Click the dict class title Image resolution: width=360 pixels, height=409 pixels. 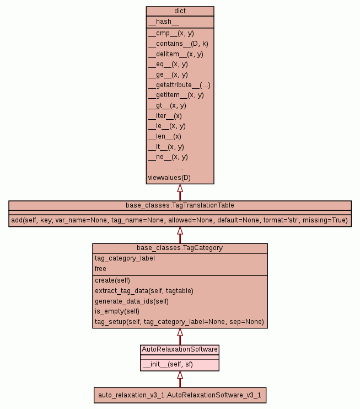coord(180,10)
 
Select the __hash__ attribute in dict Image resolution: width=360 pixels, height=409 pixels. coord(163,22)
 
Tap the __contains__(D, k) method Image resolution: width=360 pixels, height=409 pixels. coord(178,44)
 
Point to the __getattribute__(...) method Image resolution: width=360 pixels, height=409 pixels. coord(179,85)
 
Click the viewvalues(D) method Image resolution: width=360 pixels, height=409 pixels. coord(169,178)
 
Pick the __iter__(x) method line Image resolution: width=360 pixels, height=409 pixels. coord(165,116)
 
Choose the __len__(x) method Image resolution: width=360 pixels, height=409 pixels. coord(164,136)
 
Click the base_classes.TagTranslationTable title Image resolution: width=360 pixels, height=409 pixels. coord(180,205)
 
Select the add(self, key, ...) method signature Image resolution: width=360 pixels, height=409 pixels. coord(180,220)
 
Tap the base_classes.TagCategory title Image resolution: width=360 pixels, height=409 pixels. coord(180,248)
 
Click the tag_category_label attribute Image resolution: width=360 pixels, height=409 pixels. coord(125,258)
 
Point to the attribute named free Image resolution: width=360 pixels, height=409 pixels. coord(100,269)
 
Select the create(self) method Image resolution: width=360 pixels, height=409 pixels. coord(112,280)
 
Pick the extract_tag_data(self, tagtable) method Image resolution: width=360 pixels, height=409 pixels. coord(144,290)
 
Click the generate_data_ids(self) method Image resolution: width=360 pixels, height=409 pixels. coord(131,301)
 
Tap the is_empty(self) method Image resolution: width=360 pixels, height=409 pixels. coord(116,311)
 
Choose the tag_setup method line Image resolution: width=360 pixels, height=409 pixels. coord(179,322)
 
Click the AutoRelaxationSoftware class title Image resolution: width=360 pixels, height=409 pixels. coord(180,349)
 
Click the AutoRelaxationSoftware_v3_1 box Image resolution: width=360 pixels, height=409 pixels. coord(180,395)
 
